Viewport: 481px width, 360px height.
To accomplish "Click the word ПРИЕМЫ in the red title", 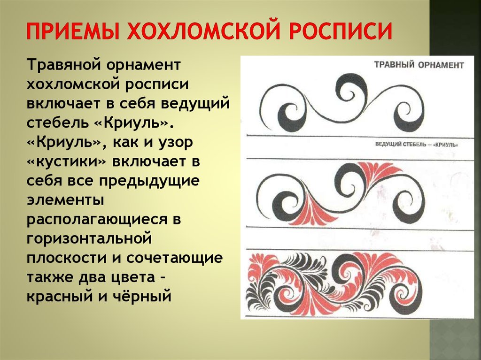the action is click(x=72, y=31).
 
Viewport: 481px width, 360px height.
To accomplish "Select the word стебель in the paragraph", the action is click(x=57, y=122).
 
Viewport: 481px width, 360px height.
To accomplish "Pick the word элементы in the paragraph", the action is click(x=65, y=200).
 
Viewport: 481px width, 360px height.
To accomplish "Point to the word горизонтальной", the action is click(x=89, y=239).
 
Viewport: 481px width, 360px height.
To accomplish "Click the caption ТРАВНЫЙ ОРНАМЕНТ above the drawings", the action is click(x=419, y=65).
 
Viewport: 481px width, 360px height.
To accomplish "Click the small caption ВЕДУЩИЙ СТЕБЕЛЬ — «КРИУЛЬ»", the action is click(x=417, y=145).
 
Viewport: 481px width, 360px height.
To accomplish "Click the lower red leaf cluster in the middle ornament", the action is click(x=315, y=212).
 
